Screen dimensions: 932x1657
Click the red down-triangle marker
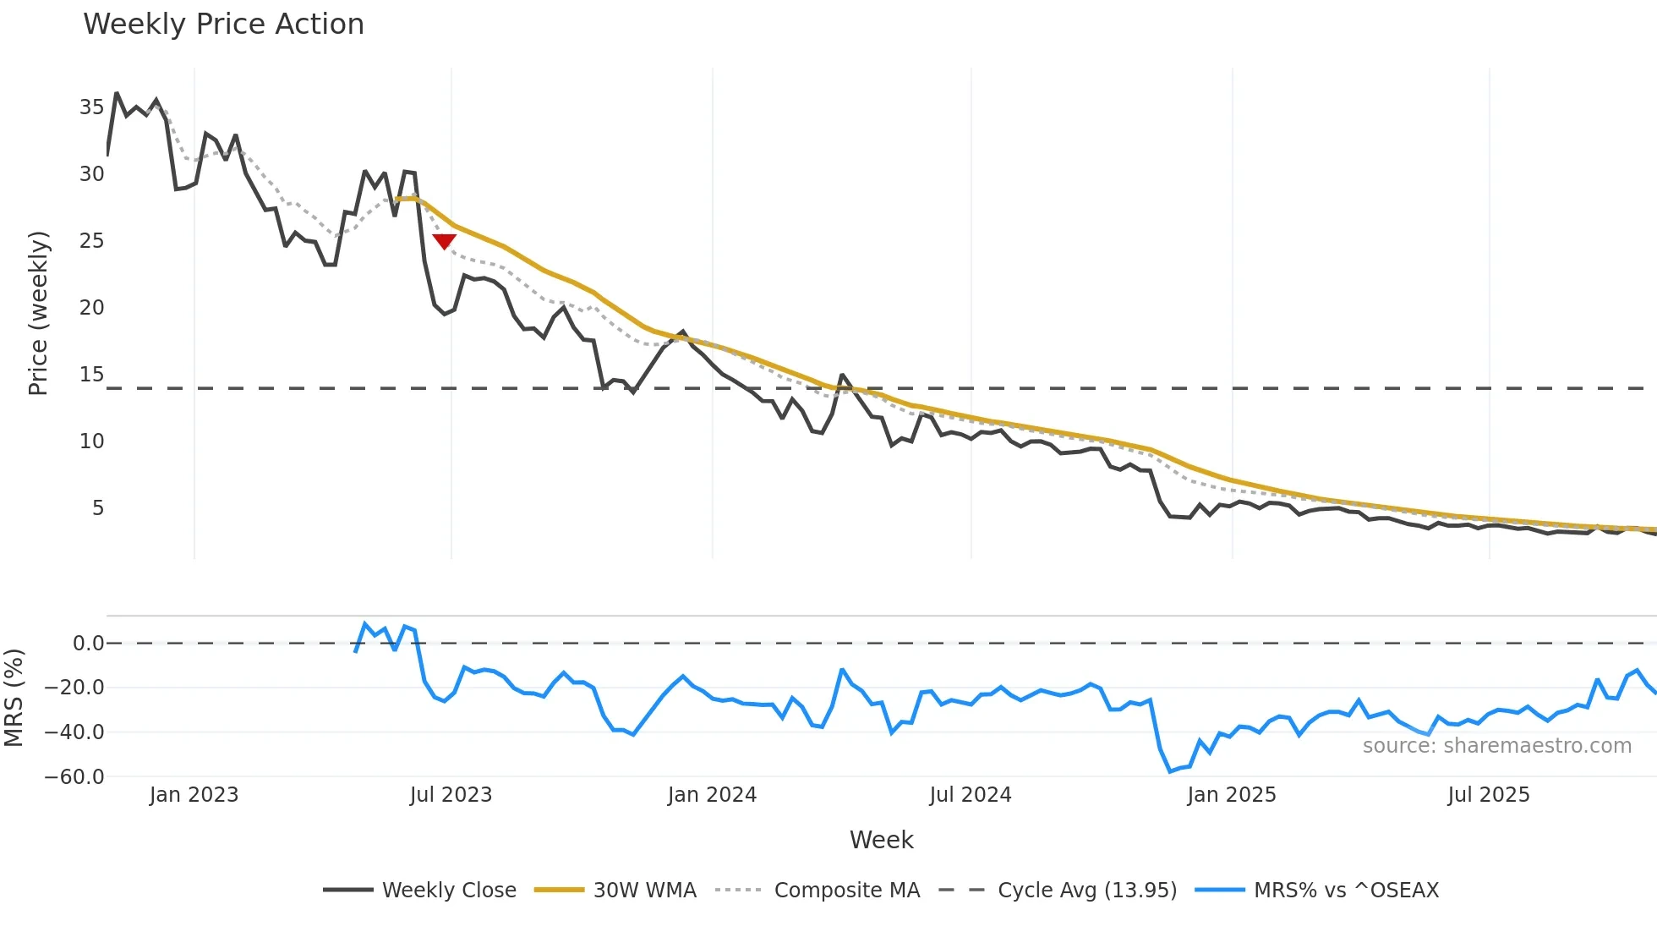click(x=444, y=242)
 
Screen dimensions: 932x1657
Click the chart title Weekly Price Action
click(x=223, y=25)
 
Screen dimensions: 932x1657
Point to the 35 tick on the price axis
click(x=91, y=107)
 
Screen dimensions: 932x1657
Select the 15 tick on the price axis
click(x=91, y=375)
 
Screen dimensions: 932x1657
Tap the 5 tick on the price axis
click(x=98, y=508)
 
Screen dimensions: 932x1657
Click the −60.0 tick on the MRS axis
click(x=74, y=776)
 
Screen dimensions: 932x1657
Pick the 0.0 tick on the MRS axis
click(x=88, y=644)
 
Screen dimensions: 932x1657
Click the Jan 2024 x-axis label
click(x=712, y=795)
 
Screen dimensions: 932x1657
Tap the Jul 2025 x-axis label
click(x=1488, y=795)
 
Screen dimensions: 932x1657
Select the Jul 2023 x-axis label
click(x=451, y=795)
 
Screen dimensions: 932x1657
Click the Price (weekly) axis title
click(x=39, y=313)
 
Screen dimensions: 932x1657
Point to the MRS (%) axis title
click(x=14, y=698)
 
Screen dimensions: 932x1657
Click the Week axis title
click(x=881, y=840)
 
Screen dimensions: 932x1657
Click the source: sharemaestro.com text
click(x=1496, y=746)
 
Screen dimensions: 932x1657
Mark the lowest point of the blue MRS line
click(x=1171, y=771)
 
